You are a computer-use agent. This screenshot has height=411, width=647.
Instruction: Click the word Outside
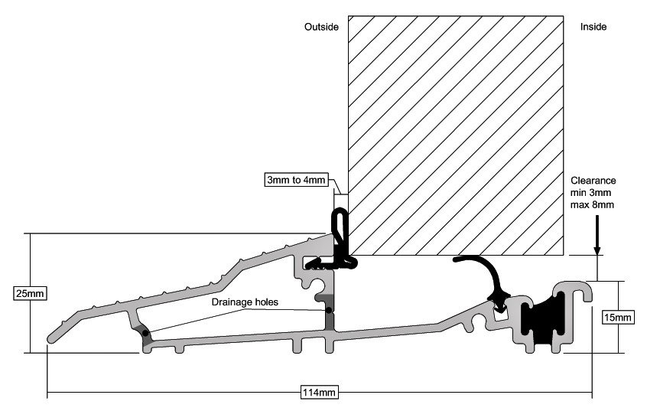tap(321, 27)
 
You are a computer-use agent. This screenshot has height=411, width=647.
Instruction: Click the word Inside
tap(593, 27)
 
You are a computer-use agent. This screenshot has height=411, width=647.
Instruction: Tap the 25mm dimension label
tap(30, 293)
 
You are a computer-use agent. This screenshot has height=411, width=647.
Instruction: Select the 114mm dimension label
tap(320, 392)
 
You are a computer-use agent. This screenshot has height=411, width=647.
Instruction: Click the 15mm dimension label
tap(618, 317)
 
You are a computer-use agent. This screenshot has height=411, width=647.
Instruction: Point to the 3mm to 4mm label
tap(296, 180)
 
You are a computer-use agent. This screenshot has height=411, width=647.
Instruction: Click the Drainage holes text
tap(245, 302)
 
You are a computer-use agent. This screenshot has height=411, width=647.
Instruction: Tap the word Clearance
tap(593, 181)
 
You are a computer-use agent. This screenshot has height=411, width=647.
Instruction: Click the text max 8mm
tap(592, 204)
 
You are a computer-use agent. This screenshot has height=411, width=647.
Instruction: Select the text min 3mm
tap(591, 192)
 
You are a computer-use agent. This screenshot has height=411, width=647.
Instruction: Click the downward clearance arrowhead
tap(597, 250)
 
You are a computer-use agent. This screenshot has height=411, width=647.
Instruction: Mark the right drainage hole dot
tap(328, 310)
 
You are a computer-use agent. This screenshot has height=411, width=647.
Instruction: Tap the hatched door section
tap(456, 135)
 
